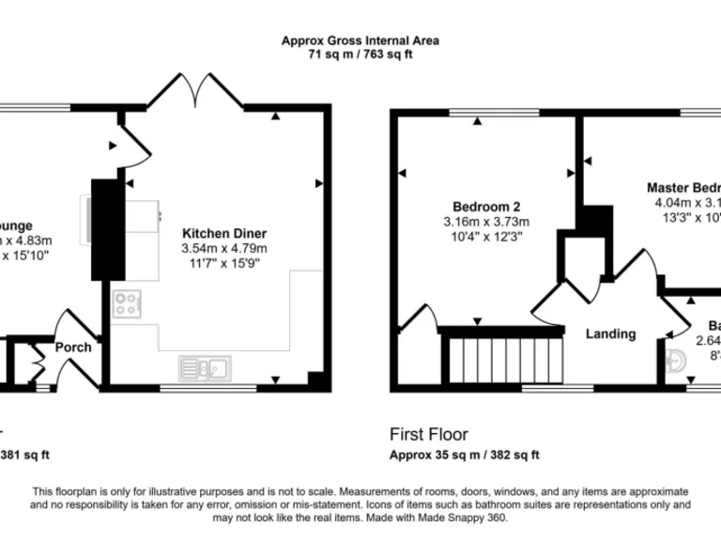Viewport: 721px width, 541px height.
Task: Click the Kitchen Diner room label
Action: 224,233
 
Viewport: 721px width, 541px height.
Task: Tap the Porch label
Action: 73,347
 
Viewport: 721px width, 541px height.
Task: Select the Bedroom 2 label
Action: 486,207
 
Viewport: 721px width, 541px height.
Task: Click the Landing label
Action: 610,333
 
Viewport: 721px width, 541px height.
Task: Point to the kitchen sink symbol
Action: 206,367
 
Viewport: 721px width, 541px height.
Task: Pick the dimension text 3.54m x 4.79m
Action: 224,248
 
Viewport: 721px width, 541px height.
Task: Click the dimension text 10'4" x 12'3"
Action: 486,237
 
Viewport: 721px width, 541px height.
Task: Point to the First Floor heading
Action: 428,435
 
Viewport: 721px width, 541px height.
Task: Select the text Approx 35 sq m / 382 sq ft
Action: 465,455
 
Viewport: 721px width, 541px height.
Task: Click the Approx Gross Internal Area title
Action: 360,40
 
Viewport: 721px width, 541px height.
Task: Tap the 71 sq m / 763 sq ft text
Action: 360,54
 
